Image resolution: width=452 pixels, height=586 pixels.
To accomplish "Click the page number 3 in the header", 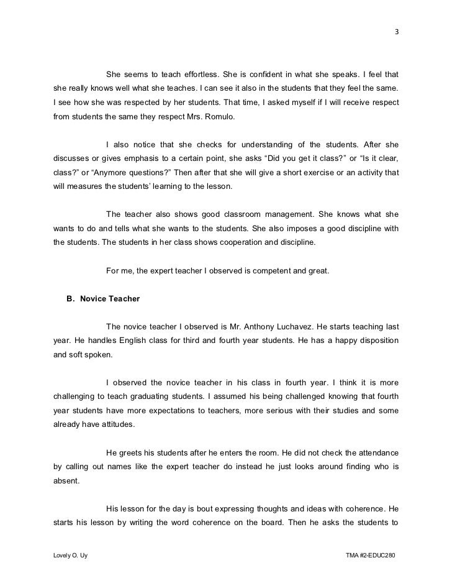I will pyautogui.click(x=395, y=33).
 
